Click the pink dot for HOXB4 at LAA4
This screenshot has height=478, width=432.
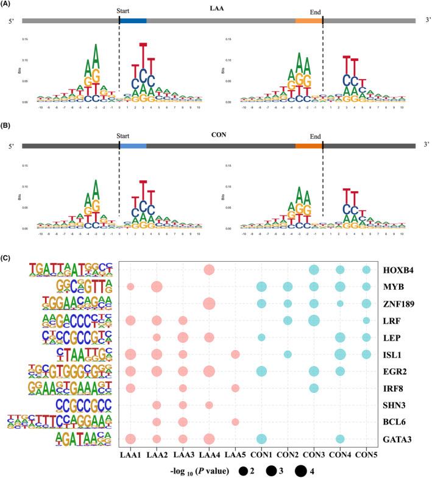[x=209, y=270]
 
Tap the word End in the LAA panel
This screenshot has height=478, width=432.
[x=313, y=12]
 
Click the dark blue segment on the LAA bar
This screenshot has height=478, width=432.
[x=133, y=21]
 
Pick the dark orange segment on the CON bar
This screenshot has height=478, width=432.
[x=308, y=146]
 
